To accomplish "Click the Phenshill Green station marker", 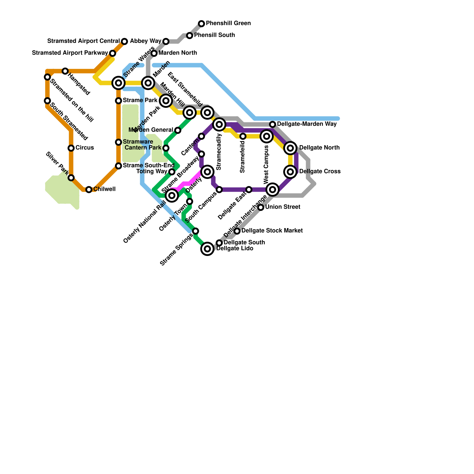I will tap(201, 23).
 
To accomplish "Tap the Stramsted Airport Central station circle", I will tap(124, 41).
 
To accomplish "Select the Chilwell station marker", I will tap(89, 190).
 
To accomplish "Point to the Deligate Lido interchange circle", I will tap(207, 249).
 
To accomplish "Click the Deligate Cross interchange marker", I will tap(291, 172).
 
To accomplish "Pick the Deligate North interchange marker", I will tap(291, 148).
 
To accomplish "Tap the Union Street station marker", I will tap(261, 207).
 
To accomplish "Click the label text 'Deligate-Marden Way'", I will tap(307, 124).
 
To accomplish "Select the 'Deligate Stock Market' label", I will tap(272, 231).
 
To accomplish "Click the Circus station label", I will tap(85, 148).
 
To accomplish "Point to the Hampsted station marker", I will tap(65, 71).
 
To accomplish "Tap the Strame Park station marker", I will tap(118, 101).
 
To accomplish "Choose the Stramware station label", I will tap(138, 142).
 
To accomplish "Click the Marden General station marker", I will tap(178, 130).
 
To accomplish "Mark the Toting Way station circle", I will tap(172, 172).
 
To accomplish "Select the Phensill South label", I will tap(214, 35).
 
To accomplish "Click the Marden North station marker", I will tap(154, 53).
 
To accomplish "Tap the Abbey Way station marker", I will tap(166, 41).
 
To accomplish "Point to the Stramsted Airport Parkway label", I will tap(70, 53).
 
